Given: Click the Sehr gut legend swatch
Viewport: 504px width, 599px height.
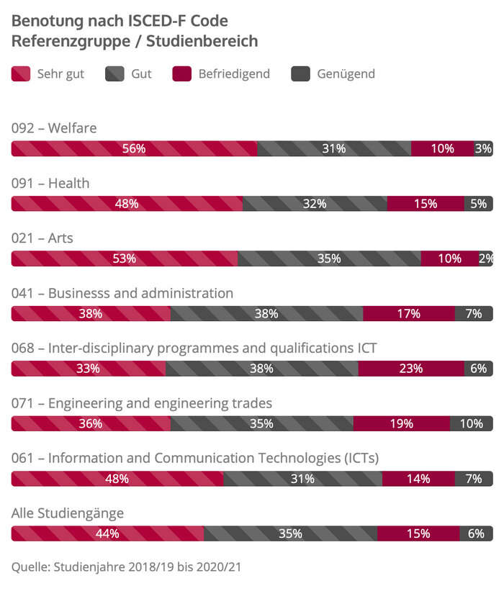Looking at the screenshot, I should (21, 73).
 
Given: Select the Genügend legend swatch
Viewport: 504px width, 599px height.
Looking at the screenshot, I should (301, 73).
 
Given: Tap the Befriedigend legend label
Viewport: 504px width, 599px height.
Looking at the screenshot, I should (234, 73).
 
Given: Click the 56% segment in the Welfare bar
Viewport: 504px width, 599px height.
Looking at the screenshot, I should (134, 149).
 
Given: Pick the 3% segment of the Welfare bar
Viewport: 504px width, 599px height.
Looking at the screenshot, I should (483, 149).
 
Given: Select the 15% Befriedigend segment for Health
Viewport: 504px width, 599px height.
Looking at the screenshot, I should (426, 204).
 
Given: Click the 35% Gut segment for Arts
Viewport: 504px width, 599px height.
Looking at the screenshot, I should (329, 258).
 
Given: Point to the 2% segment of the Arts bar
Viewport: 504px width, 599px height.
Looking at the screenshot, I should (486, 258).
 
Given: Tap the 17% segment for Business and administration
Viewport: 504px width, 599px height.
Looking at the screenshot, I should (409, 314).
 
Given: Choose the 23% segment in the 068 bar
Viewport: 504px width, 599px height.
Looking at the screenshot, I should (411, 369).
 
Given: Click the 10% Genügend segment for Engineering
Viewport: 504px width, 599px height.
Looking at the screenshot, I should (472, 423).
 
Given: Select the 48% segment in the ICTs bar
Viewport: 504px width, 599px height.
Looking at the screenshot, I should (117, 479).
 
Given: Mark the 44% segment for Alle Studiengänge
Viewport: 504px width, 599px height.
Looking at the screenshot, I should (107, 533).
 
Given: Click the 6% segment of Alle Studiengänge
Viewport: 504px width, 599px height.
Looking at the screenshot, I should (477, 533).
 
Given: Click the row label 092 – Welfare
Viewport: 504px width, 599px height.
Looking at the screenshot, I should (54, 128).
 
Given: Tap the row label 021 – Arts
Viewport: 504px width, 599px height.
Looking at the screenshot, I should (42, 238).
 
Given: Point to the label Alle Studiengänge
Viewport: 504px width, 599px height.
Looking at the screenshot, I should (68, 513).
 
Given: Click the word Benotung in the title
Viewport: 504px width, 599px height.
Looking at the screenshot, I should (45, 21).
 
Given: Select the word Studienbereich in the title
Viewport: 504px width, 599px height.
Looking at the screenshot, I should (202, 41).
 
